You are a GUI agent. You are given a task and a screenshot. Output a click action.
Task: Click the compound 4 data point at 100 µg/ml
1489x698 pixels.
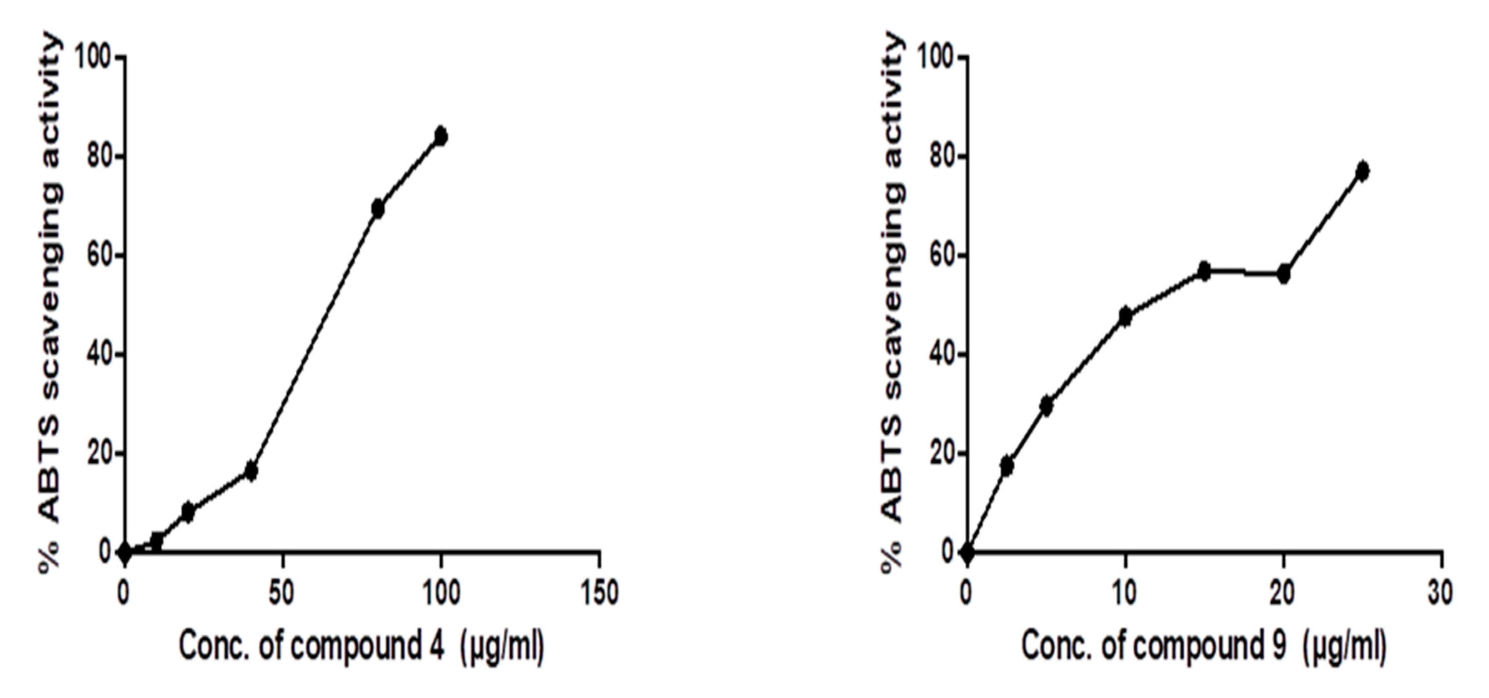click(441, 136)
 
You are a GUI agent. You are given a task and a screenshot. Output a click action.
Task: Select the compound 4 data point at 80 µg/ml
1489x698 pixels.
click(378, 209)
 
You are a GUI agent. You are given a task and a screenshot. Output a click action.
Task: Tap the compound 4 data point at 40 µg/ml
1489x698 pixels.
click(251, 471)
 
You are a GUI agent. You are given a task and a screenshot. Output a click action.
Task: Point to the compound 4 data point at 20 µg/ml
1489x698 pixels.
click(188, 512)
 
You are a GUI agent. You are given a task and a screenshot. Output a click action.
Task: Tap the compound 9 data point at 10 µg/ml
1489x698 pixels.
click(1125, 316)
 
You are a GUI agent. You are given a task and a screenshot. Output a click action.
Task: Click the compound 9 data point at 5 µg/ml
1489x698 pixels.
click(1046, 406)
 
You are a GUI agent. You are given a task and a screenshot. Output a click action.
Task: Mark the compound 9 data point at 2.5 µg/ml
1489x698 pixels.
click(1007, 466)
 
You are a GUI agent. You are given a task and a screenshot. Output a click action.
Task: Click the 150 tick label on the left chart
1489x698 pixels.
click(600, 593)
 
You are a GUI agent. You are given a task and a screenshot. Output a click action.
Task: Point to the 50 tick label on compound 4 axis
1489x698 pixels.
click(282, 593)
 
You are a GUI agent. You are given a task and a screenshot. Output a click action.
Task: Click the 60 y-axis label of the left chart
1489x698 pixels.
click(99, 256)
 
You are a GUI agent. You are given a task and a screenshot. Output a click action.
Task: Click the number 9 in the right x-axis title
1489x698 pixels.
click(1278, 646)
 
